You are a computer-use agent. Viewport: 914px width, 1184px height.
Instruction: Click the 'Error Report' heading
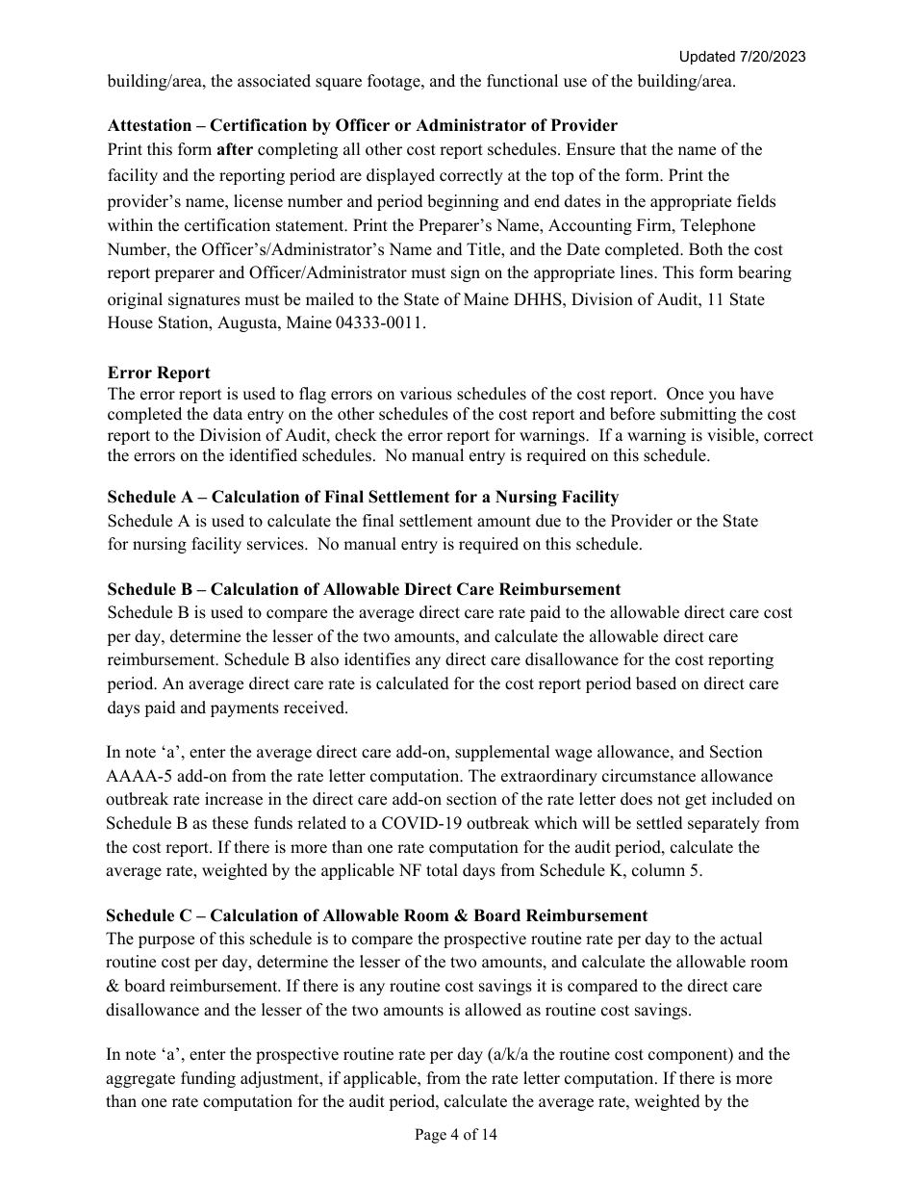tap(159, 373)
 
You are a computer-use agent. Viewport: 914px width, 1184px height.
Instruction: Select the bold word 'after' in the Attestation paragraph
tap(236, 150)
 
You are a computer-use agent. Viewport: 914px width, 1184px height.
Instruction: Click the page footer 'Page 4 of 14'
tap(456, 1135)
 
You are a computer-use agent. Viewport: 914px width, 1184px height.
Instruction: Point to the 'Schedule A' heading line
tap(363, 498)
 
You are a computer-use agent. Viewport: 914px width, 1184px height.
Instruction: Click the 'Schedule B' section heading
tap(364, 589)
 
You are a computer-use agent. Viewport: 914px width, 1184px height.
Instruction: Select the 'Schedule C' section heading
tap(377, 915)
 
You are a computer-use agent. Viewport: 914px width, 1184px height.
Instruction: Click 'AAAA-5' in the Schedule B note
tap(135, 776)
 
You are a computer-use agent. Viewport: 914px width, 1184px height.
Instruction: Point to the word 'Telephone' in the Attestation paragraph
tap(721, 225)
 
